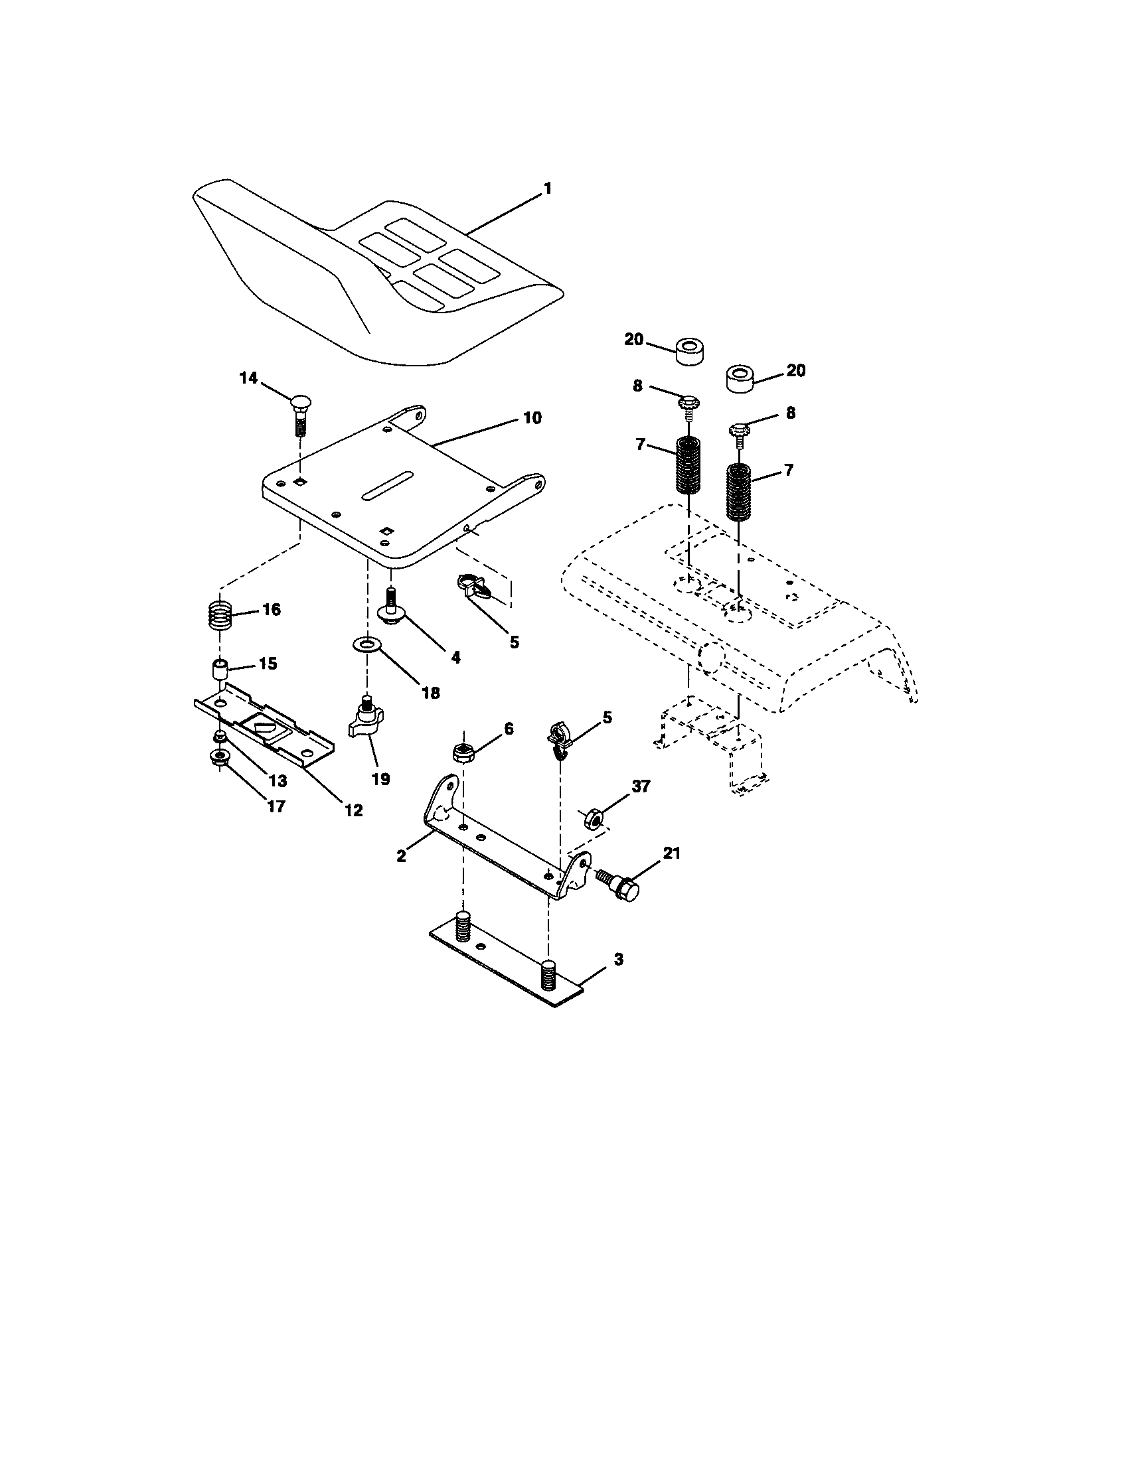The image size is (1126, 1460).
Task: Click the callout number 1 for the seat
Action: coord(548,189)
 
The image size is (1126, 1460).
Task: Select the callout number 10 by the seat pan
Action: coord(532,418)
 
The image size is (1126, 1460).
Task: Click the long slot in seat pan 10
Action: coord(386,486)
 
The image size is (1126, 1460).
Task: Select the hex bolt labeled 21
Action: coord(620,884)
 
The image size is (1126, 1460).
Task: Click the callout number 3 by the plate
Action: coord(618,960)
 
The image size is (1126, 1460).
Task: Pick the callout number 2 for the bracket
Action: coord(401,856)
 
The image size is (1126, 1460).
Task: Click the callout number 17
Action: coord(276,806)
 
